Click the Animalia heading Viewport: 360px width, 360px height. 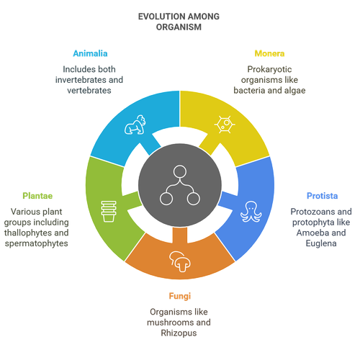click(90, 53)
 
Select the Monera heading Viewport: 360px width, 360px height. click(269, 53)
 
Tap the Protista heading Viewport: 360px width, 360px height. click(322, 196)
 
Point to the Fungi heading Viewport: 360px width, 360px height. click(180, 296)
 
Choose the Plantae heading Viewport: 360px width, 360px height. click(37, 196)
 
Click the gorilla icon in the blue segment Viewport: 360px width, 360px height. click(135, 125)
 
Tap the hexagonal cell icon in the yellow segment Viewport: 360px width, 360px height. click(225, 125)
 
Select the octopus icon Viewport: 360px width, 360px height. click(251, 212)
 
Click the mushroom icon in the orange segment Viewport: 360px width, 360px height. click(180, 261)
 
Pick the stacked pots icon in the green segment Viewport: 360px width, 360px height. click(109, 212)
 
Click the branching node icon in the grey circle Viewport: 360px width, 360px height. click(180, 185)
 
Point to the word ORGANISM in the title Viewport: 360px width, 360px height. click(179, 27)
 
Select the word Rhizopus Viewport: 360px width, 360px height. click(179, 333)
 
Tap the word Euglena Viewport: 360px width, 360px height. click(321, 243)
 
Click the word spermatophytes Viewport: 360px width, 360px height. click(37, 243)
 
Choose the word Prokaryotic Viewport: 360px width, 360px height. click(269, 69)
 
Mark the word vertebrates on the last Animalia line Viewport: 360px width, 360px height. click(89, 91)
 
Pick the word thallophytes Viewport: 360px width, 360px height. click(24, 233)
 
